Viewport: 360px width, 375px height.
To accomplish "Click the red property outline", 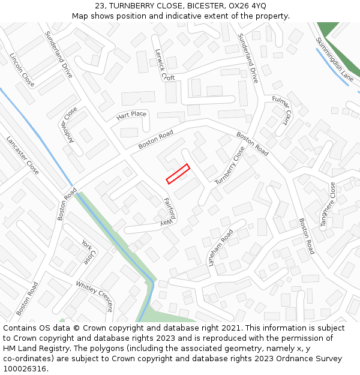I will [x=178, y=173].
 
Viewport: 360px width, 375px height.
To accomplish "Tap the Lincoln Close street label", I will [x=22, y=70].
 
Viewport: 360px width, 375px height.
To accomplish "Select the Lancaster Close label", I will [x=23, y=155].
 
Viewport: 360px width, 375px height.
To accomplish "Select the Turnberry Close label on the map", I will [x=230, y=165].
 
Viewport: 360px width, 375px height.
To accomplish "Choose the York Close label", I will [x=88, y=252].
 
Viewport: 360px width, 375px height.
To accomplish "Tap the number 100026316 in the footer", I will [x=23, y=368].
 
